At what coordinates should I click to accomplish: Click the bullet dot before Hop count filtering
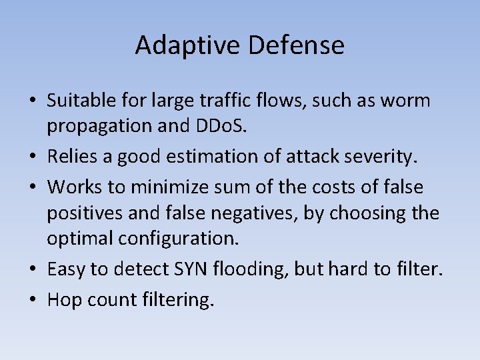(x=32, y=300)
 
